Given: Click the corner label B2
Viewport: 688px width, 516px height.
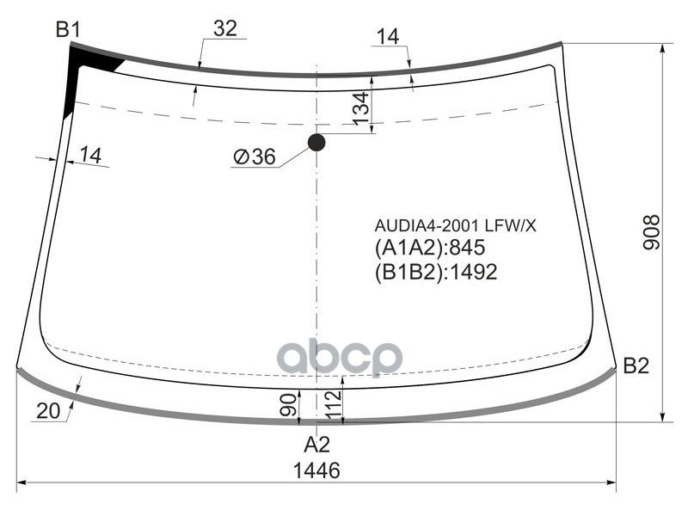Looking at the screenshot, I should [636, 366].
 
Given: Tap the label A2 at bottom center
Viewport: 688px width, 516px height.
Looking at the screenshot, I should [316, 445].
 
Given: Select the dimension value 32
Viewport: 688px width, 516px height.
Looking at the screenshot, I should [225, 28].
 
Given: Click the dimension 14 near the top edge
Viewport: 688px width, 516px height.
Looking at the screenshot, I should [387, 36].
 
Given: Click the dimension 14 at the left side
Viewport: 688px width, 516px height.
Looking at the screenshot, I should [90, 155].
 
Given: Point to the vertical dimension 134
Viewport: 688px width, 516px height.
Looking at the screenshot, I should [361, 106].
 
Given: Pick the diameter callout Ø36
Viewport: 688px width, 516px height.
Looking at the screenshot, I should [254, 157].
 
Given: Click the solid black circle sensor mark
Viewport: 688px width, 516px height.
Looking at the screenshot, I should [316, 142].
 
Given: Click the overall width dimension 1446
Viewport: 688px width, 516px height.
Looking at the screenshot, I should [316, 470].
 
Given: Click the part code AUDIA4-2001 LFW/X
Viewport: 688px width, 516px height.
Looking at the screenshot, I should [455, 225].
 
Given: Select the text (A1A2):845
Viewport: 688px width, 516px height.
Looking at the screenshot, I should [430, 249].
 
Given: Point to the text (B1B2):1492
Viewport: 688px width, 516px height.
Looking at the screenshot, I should [436, 272].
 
